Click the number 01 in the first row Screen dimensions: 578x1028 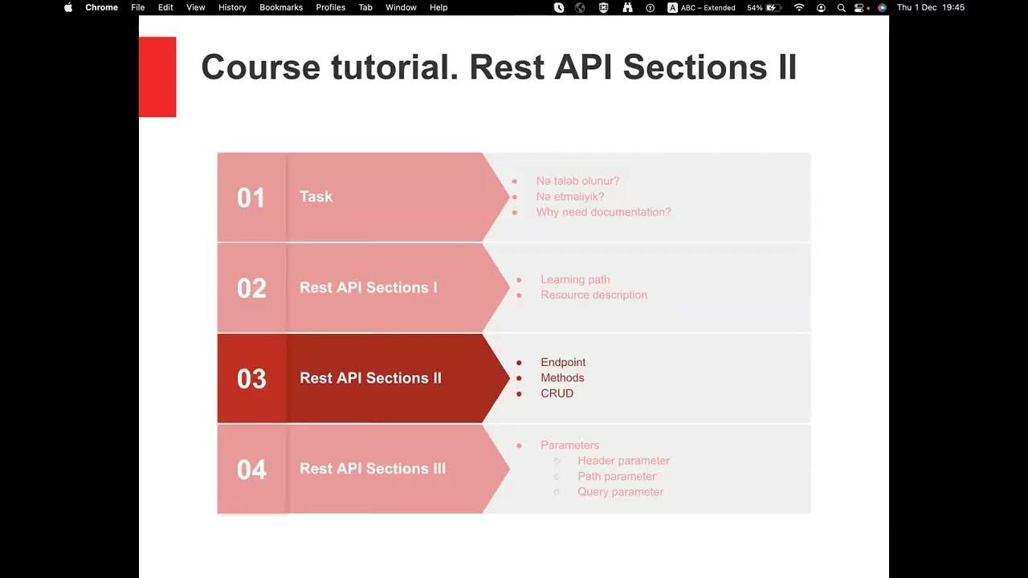tap(251, 197)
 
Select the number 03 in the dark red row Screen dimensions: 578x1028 tap(251, 379)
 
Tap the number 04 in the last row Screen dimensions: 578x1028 tap(251, 470)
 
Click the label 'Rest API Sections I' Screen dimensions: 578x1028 tap(368, 287)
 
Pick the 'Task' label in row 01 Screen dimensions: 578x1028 tap(316, 197)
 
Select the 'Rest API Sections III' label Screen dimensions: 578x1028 tap(372, 469)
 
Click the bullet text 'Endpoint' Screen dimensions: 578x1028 tap(563, 362)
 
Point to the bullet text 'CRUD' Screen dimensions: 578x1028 tap(557, 393)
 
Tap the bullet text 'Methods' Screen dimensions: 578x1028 tap(562, 377)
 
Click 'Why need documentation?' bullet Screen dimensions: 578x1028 tap(603, 212)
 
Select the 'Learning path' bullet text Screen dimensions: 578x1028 tap(575, 279)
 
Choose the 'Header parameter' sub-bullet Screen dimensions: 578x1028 tap(623, 461)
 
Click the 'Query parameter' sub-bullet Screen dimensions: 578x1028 tap(620, 491)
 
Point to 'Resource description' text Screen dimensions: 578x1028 tap(594, 295)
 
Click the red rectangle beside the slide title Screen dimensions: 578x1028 tap(157, 77)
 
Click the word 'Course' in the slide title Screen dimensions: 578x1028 tap(260, 67)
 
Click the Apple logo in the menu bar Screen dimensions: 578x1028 tap(68, 7)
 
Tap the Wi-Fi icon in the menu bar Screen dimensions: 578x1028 tap(798, 7)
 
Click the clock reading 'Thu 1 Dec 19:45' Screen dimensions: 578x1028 tap(930, 7)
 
